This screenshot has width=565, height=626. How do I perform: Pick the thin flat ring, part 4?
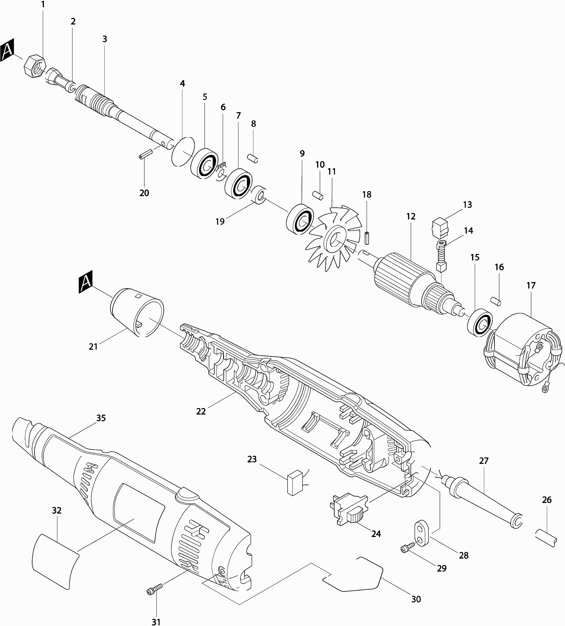(x=183, y=151)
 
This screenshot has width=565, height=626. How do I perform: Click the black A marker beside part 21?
(x=86, y=282)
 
